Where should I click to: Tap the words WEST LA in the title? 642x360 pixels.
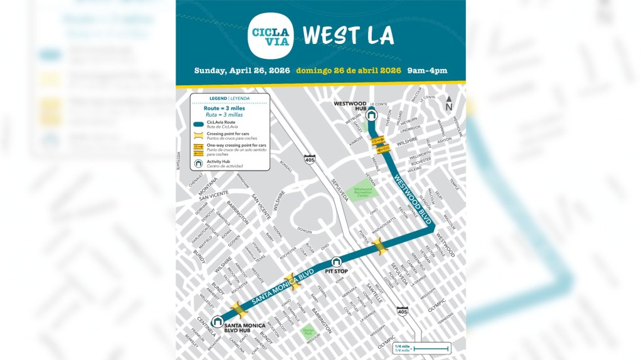[348, 36]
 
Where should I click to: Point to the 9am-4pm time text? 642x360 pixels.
[427, 70]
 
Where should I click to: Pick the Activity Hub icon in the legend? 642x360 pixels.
[199, 163]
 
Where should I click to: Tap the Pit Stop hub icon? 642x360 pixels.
[336, 262]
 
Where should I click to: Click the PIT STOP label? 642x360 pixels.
[336, 271]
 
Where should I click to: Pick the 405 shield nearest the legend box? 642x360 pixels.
[310, 159]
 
